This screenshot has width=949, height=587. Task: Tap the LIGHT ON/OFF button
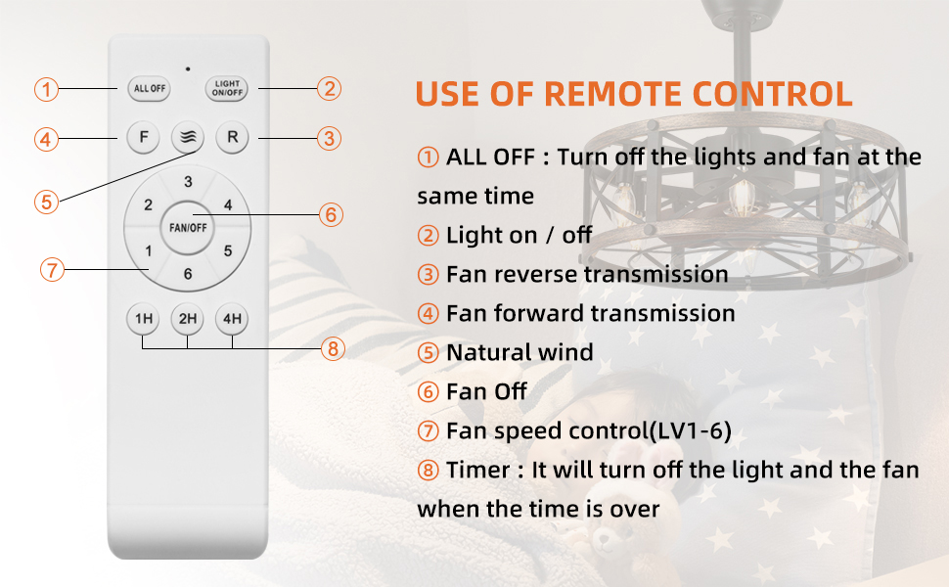tap(226, 88)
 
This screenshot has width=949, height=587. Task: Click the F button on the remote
tap(144, 137)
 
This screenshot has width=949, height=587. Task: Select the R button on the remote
tap(233, 137)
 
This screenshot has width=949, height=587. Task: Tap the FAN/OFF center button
tap(188, 228)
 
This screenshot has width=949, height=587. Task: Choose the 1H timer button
tap(143, 318)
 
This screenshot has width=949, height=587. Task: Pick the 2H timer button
tap(188, 318)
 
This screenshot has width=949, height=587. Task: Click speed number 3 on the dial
tap(188, 182)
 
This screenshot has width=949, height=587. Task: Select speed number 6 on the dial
tap(188, 274)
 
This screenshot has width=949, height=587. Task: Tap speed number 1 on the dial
tap(149, 250)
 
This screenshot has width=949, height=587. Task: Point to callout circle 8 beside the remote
tap(333, 348)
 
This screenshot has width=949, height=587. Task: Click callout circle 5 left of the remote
tap(47, 202)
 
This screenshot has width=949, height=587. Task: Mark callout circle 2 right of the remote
tap(330, 89)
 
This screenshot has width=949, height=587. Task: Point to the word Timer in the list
tap(478, 470)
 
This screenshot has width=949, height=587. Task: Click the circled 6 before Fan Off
tap(428, 392)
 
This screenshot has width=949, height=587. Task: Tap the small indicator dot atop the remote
tap(188, 69)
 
